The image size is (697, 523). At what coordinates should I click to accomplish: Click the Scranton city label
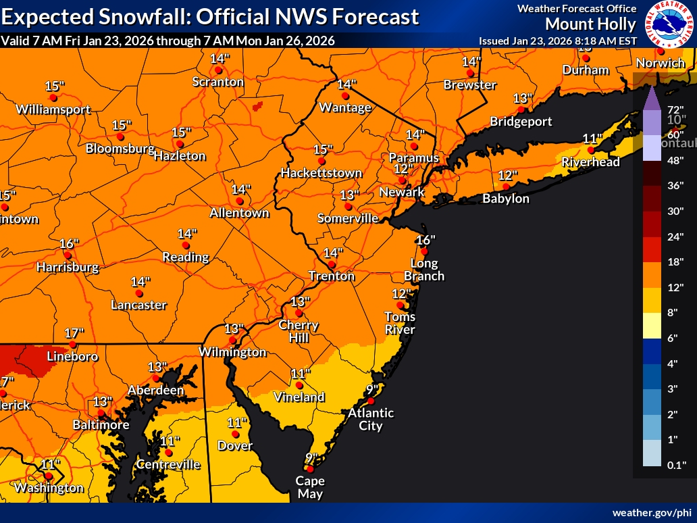click(218, 82)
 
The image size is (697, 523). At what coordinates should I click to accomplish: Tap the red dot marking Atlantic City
click(370, 401)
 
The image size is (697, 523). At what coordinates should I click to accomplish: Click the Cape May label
click(309, 487)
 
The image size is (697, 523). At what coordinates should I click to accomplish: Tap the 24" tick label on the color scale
click(675, 236)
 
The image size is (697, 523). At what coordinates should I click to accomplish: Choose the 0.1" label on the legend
click(675, 465)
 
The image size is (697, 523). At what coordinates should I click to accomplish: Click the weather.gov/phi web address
click(652, 512)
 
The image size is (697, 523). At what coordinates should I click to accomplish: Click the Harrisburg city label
click(68, 267)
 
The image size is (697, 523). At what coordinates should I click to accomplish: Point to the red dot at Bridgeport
click(521, 109)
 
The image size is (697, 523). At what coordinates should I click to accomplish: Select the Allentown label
click(239, 213)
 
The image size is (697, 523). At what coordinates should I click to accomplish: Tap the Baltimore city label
click(101, 425)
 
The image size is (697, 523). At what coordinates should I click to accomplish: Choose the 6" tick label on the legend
click(675, 338)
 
